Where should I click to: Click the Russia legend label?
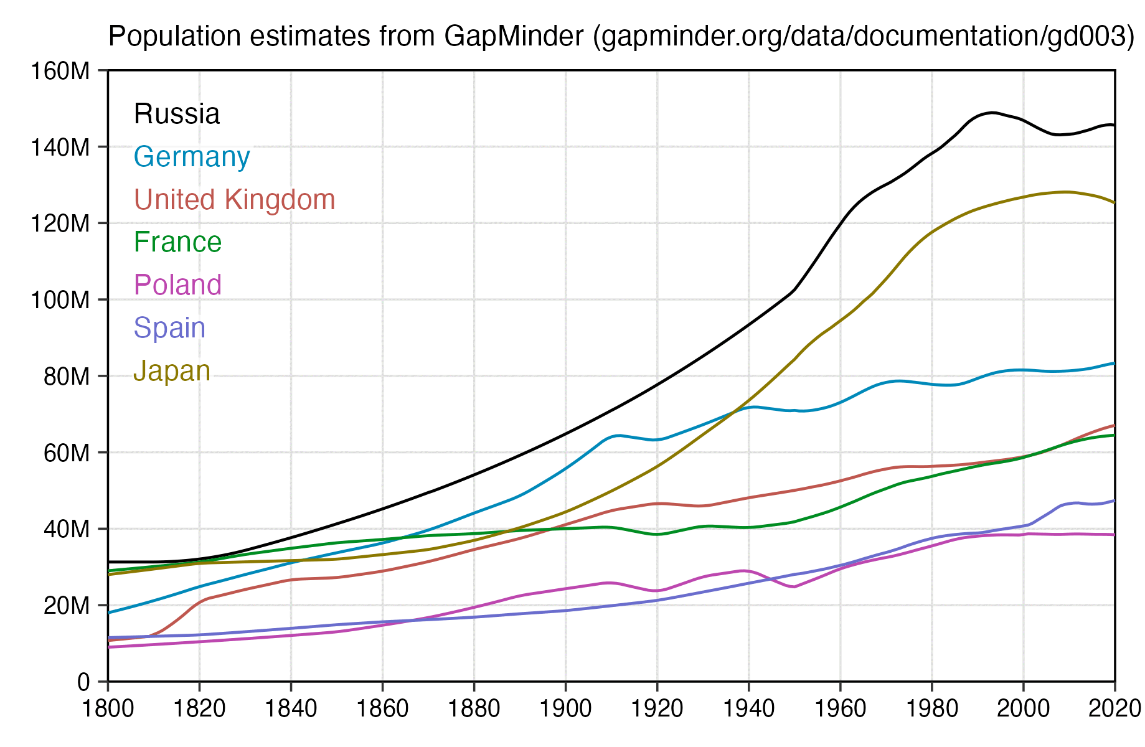[177, 115]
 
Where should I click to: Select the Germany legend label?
[192, 157]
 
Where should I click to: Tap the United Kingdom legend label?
[234, 200]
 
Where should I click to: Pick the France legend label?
[177, 242]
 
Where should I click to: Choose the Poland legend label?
[177, 285]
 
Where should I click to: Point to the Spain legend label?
[169, 328]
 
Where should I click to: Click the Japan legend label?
[172, 371]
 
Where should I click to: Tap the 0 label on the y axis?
[83, 682]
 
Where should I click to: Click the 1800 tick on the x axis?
[108, 709]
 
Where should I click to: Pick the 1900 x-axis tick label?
[565, 709]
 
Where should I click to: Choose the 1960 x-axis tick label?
[840, 709]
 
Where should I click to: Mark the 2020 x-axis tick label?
[1114, 709]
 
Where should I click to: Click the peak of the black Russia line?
[993, 113]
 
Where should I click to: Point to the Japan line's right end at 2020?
[1114, 203]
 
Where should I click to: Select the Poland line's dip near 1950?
[794, 587]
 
